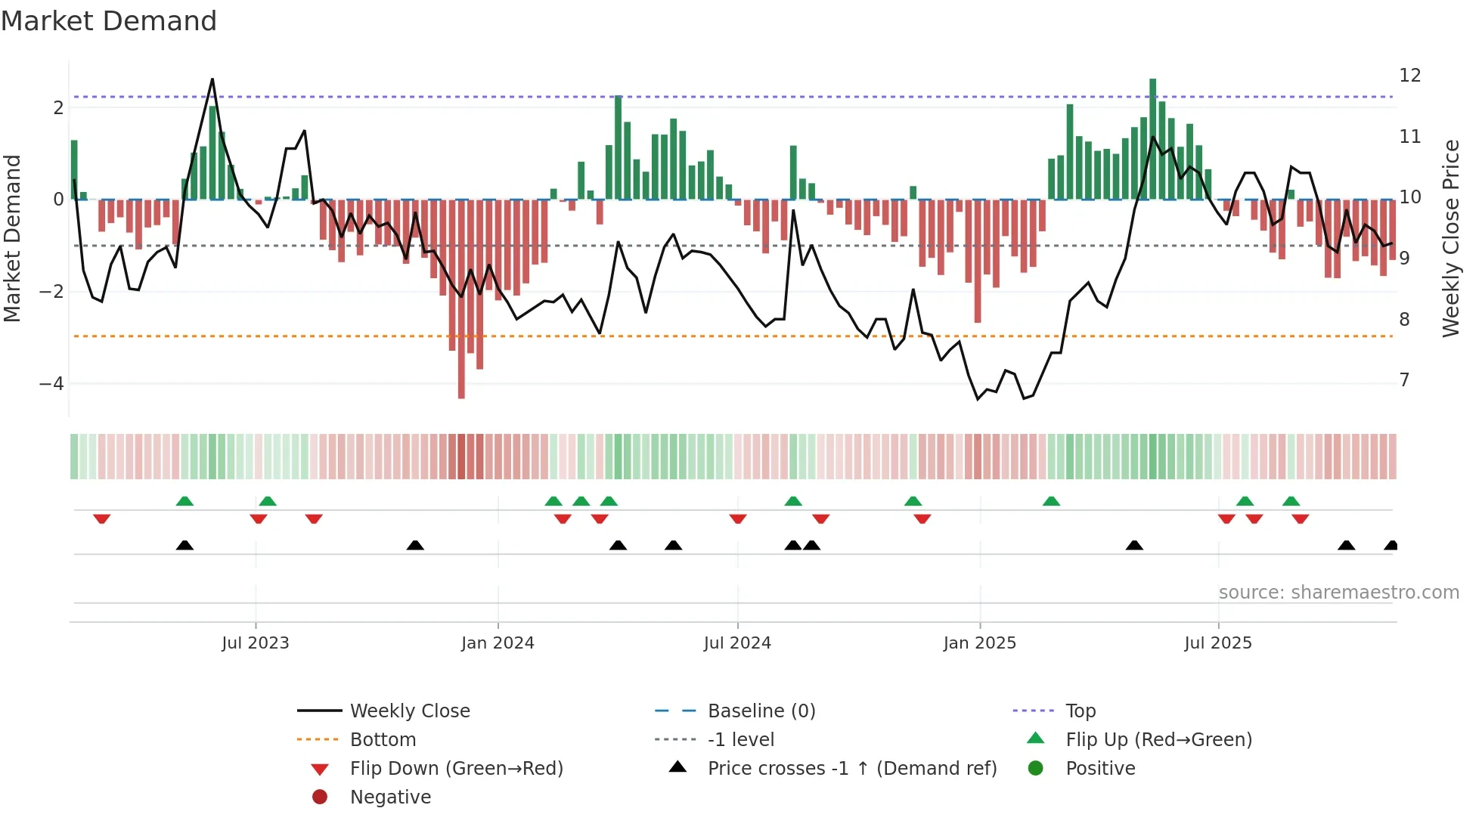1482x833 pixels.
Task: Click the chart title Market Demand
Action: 109,21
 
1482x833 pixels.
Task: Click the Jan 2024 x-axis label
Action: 498,643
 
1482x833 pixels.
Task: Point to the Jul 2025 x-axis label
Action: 1218,643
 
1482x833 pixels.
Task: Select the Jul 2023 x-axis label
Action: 256,643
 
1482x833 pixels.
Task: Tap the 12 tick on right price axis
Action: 1409,76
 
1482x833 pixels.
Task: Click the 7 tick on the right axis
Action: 1404,380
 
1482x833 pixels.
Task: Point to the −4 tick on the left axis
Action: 52,384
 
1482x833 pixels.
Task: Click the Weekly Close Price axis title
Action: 1450,238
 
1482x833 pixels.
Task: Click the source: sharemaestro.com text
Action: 1338,593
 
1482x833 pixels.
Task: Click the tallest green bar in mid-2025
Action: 1152,136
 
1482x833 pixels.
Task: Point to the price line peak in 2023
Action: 212,80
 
